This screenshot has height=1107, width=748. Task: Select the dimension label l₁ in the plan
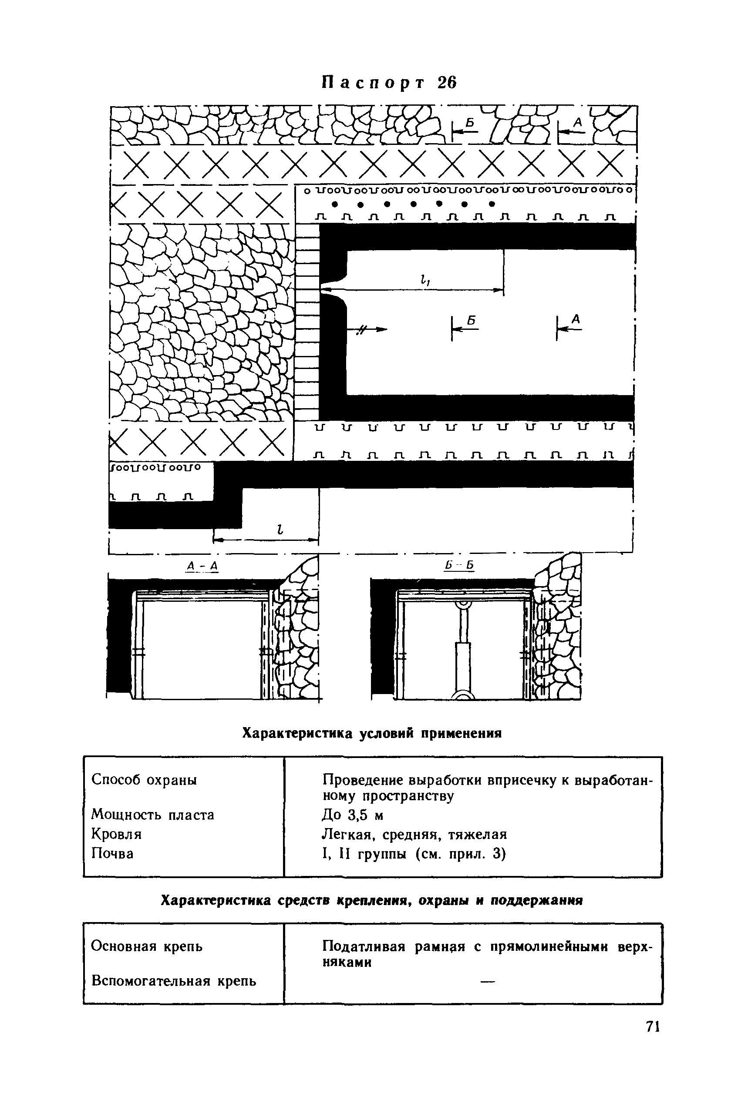pyautogui.click(x=423, y=282)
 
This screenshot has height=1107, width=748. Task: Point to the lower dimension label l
pyautogui.click(x=280, y=529)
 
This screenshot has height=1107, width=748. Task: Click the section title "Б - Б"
pyautogui.click(x=458, y=566)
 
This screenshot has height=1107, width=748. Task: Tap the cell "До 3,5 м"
pyautogui.click(x=352, y=815)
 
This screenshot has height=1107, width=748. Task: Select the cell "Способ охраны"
pyautogui.click(x=144, y=780)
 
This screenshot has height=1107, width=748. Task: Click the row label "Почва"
pyautogui.click(x=112, y=853)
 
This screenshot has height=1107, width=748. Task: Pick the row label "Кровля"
pyautogui.click(x=116, y=834)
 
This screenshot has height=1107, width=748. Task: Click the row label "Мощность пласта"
pyautogui.click(x=152, y=815)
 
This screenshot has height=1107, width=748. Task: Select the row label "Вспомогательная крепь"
pyautogui.click(x=174, y=981)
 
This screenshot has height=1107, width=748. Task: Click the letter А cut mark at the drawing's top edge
pyautogui.click(x=577, y=123)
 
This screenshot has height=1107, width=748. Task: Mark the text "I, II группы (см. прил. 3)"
pyautogui.click(x=414, y=854)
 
